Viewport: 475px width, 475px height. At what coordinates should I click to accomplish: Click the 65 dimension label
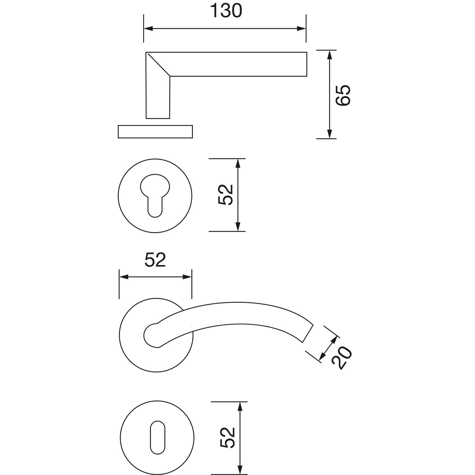point(343,95)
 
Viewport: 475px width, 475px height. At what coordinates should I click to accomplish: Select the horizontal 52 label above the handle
point(155,261)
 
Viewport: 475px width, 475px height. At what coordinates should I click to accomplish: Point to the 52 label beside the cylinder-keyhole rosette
point(226,195)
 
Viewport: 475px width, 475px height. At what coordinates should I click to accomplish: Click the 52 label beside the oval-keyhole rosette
point(227,438)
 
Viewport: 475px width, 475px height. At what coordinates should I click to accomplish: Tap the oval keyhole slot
point(157,438)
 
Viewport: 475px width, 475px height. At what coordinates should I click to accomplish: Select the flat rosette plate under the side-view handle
point(155,132)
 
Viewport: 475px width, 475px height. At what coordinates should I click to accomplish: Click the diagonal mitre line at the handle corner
point(158,65)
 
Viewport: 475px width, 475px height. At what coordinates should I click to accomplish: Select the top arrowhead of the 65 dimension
point(330,55)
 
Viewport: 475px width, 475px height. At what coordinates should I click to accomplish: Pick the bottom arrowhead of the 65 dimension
point(330,134)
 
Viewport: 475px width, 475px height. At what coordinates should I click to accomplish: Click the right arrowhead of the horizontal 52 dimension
point(187,277)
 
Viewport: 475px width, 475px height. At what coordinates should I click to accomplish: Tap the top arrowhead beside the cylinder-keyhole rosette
point(238,163)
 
